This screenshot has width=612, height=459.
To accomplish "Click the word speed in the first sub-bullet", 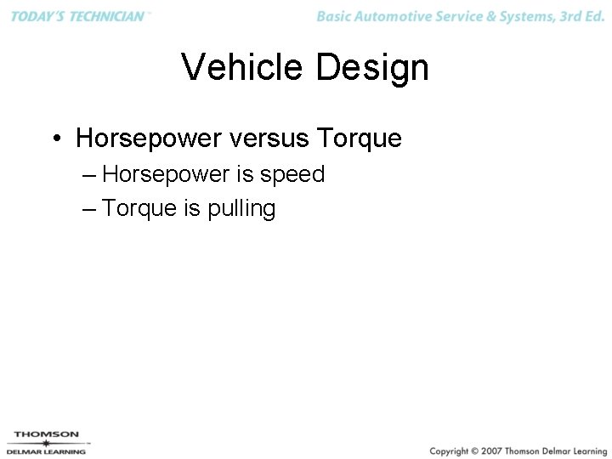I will tap(292, 174).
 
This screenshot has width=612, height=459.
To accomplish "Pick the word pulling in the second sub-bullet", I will tap(241, 209).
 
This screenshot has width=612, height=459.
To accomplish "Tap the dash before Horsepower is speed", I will tap(91, 175).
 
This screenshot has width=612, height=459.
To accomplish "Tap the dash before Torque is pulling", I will tap(91, 209).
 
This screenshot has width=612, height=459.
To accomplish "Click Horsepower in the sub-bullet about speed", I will tap(166, 174).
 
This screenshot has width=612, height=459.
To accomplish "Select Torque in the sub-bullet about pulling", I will tap(139, 208).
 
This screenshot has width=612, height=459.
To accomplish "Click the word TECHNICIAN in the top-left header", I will tap(103, 16).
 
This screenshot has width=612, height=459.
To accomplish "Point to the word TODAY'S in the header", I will tap(35, 16).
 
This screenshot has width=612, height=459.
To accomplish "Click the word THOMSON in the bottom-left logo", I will tap(47, 434).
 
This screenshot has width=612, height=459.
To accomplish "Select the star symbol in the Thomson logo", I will tap(46, 443).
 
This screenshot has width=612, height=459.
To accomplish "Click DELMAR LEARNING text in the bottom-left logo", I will tap(47, 451).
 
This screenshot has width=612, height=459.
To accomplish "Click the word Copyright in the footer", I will tap(450, 450).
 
